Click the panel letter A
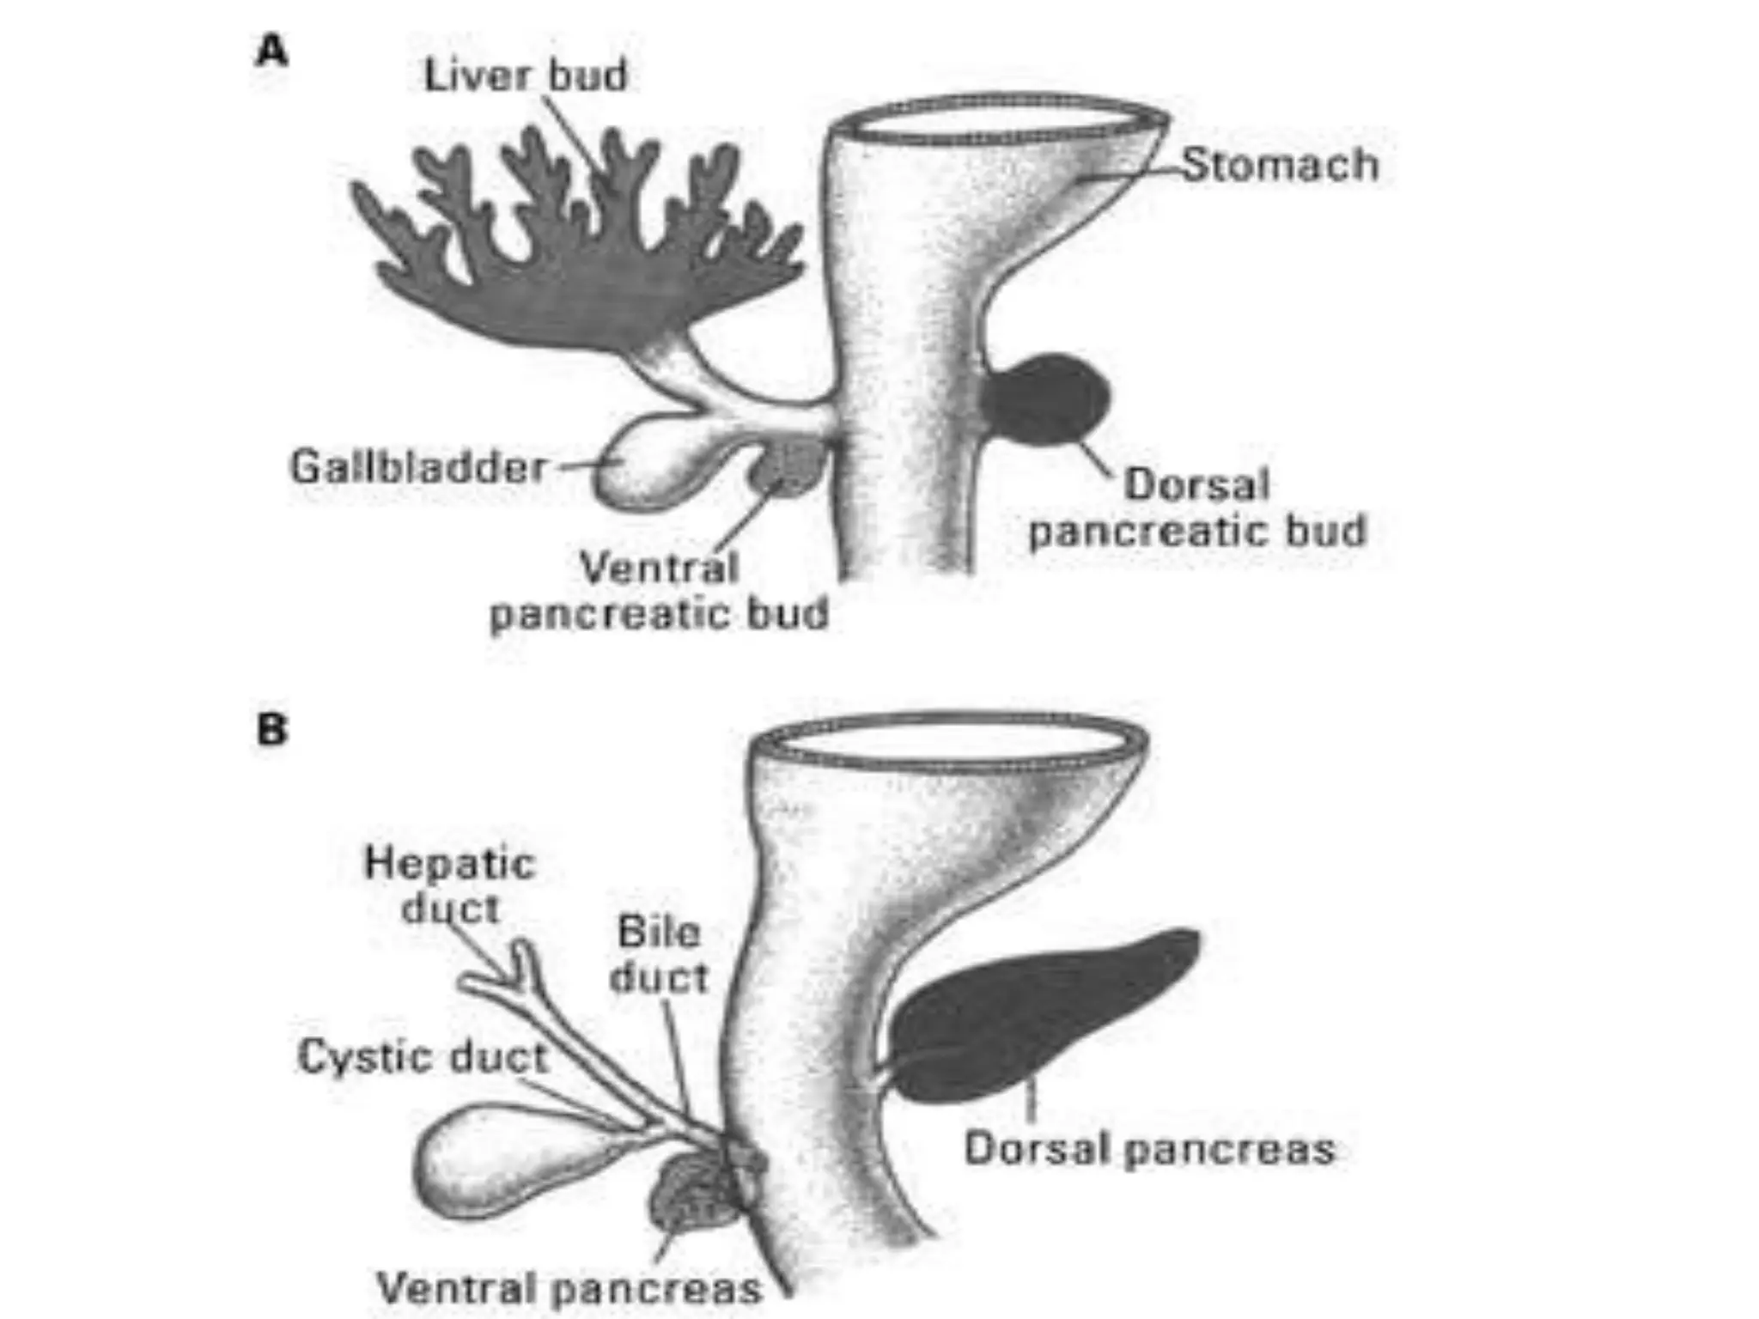click(272, 52)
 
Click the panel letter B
click(272, 731)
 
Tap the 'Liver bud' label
click(526, 76)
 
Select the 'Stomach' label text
click(1280, 164)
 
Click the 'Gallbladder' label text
click(418, 468)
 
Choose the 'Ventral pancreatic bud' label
click(659, 591)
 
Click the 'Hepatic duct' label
click(449, 885)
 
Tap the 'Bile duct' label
click(659, 955)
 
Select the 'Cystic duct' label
click(423, 1057)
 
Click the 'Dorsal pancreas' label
click(1150, 1149)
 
